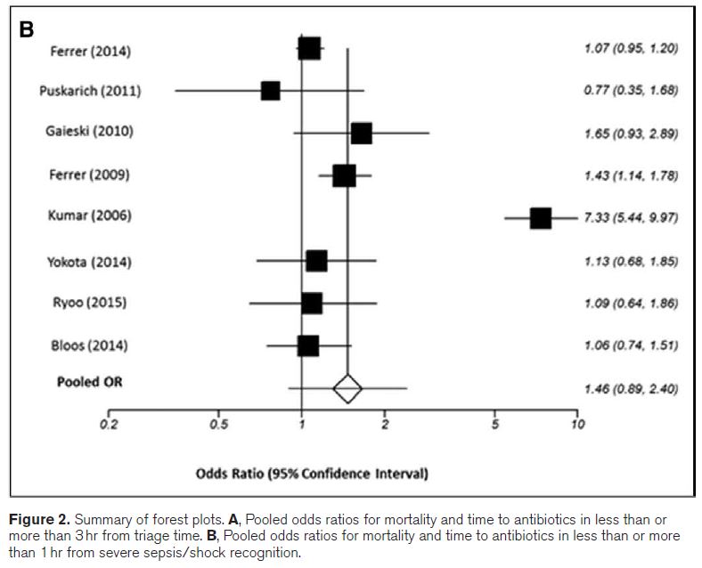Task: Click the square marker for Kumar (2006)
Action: pyautogui.click(x=540, y=218)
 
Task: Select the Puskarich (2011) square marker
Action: pyautogui.click(x=270, y=91)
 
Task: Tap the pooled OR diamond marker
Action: pyautogui.click(x=347, y=388)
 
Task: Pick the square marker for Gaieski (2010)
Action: pyautogui.click(x=361, y=133)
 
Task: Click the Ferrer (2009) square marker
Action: pyautogui.click(x=344, y=175)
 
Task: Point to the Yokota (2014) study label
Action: pyautogui.click(x=88, y=261)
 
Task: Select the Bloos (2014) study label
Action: pyautogui.click(x=88, y=345)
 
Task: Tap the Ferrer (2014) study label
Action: pyautogui.click(x=89, y=51)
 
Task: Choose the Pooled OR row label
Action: pyautogui.click(x=90, y=382)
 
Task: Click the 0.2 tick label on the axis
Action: pyautogui.click(x=108, y=425)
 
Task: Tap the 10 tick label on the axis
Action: pyautogui.click(x=577, y=425)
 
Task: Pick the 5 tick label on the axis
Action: pyautogui.click(x=494, y=425)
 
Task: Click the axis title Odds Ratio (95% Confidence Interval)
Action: pyautogui.click(x=312, y=473)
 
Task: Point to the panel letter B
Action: pyautogui.click(x=27, y=29)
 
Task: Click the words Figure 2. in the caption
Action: pyautogui.click(x=37, y=519)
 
